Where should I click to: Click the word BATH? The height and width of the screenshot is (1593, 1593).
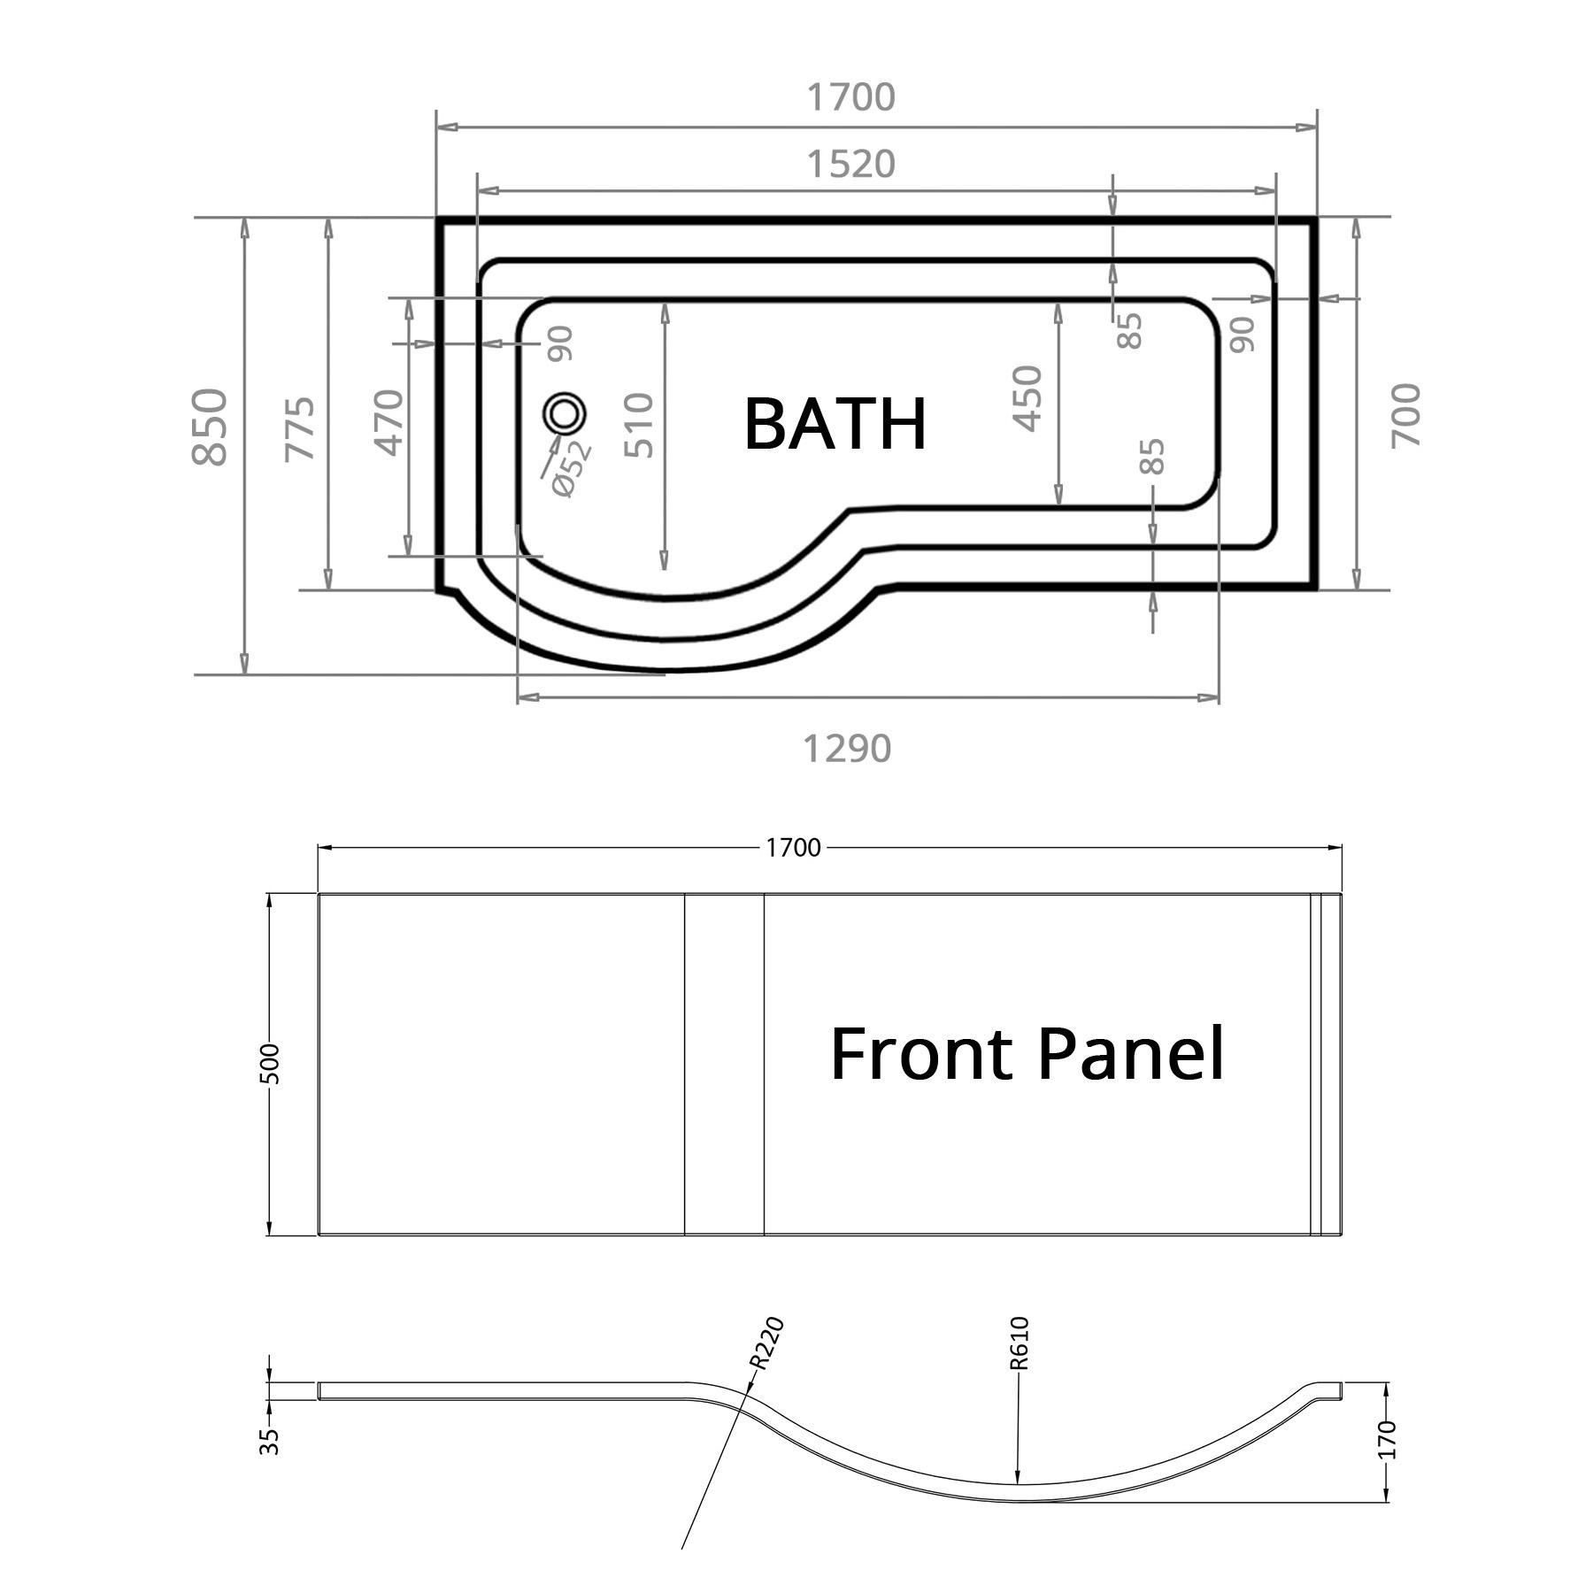(x=835, y=424)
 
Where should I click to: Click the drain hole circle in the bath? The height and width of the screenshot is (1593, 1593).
(x=564, y=413)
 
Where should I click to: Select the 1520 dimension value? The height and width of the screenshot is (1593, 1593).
(x=850, y=165)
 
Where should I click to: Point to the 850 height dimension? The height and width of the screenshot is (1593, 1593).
(x=211, y=426)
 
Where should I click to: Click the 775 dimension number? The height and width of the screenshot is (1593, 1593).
(x=299, y=427)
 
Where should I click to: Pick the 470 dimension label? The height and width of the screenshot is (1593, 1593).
(x=390, y=421)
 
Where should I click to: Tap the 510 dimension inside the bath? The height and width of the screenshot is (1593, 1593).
(x=639, y=426)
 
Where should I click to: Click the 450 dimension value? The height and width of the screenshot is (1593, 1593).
(x=1027, y=398)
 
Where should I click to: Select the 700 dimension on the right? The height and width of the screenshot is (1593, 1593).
(x=1405, y=415)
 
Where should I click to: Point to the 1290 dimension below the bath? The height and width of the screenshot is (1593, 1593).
(x=847, y=749)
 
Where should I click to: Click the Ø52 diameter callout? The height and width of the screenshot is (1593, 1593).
(x=571, y=468)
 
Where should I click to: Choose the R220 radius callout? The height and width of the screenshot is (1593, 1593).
(x=766, y=1343)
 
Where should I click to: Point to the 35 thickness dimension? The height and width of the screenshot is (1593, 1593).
(x=271, y=1441)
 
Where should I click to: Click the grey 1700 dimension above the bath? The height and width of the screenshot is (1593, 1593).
(x=850, y=97)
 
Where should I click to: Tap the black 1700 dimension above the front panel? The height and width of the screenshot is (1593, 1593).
(x=793, y=848)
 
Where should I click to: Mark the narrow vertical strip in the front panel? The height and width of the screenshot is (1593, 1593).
(x=724, y=1064)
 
